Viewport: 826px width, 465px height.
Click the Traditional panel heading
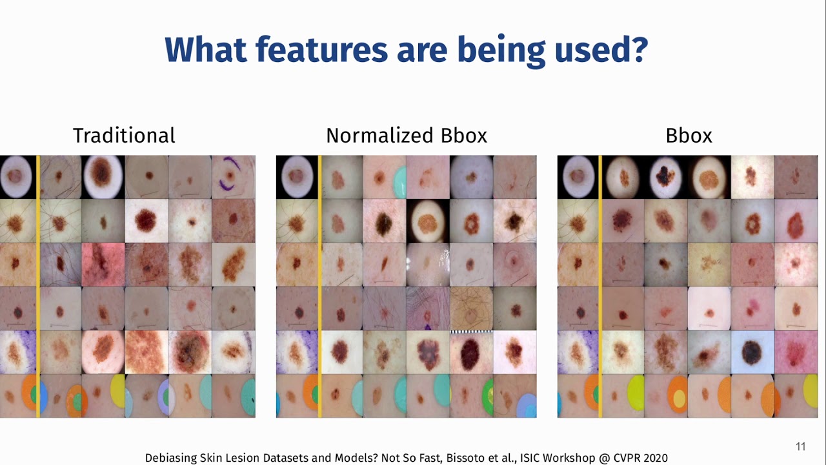[124, 136]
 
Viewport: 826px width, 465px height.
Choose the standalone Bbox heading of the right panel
[689, 136]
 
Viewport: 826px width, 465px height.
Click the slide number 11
[801, 446]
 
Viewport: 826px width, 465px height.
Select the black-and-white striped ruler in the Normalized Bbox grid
[471, 333]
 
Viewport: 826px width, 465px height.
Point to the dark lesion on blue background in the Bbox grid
[752, 352]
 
